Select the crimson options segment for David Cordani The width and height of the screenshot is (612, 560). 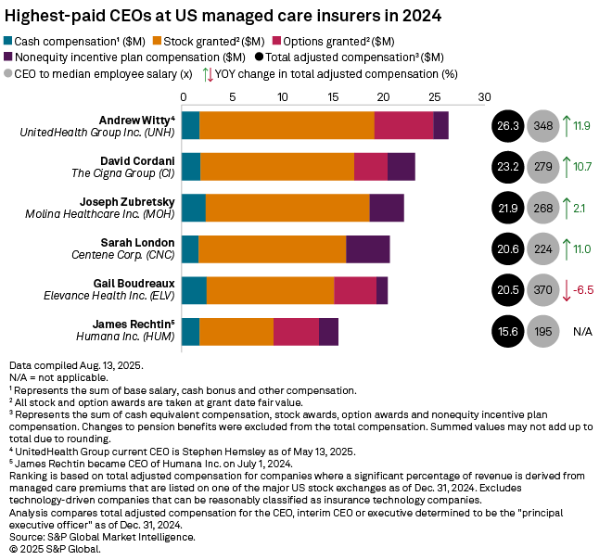point(371,167)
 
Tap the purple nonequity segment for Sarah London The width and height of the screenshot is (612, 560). point(368,249)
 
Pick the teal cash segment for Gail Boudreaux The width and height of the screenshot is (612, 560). point(194,290)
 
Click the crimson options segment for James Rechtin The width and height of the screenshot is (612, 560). point(296,331)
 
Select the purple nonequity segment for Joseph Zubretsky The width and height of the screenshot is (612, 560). point(387,208)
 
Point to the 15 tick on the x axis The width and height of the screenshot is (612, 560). point(333,95)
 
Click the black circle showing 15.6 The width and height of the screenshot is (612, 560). point(507,331)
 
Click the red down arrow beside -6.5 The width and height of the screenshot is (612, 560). point(567,290)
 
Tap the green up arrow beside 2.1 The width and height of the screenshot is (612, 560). point(567,208)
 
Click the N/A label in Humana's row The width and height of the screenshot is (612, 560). point(582,331)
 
